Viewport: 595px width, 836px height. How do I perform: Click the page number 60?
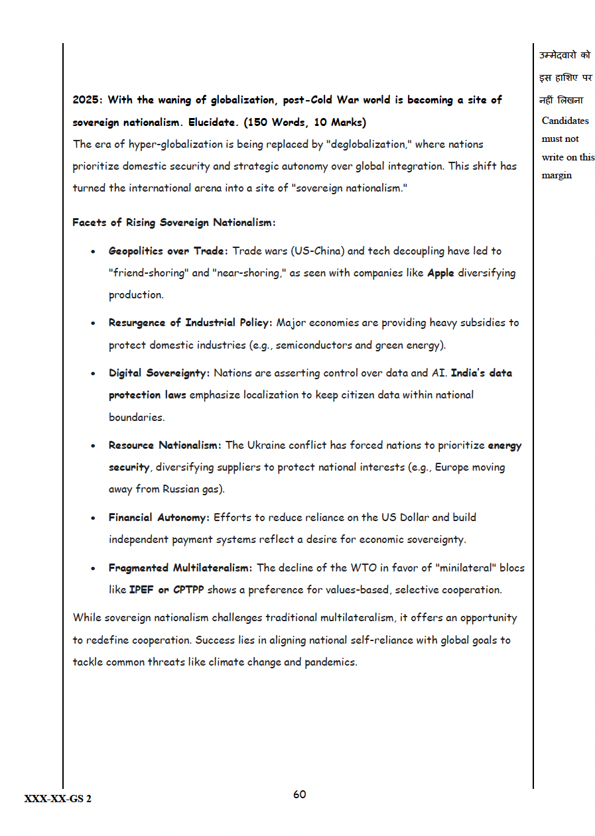coord(299,794)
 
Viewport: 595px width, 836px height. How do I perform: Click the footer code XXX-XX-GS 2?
coord(58,799)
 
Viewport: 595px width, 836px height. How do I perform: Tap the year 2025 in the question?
coord(87,100)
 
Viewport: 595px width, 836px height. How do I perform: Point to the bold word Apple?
coord(440,273)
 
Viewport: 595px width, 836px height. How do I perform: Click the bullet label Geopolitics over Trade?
coord(168,251)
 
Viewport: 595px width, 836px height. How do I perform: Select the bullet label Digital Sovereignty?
coord(159,373)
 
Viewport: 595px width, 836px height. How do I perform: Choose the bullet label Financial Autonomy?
coord(159,517)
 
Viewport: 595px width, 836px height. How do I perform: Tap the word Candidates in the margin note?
coord(565,121)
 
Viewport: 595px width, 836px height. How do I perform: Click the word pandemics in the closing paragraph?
coord(330,662)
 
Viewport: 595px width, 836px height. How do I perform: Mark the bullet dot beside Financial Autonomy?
coord(94,518)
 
